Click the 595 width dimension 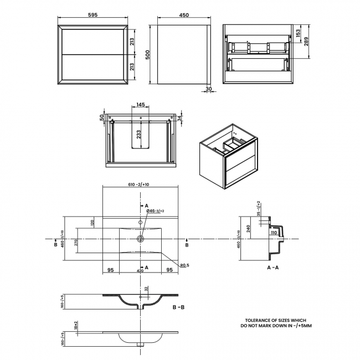click(x=94, y=16)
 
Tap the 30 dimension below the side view click(x=208, y=89)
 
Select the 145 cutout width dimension click(x=140, y=105)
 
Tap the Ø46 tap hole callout click(x=156, y=211)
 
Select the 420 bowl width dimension click(x=140, y=271)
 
